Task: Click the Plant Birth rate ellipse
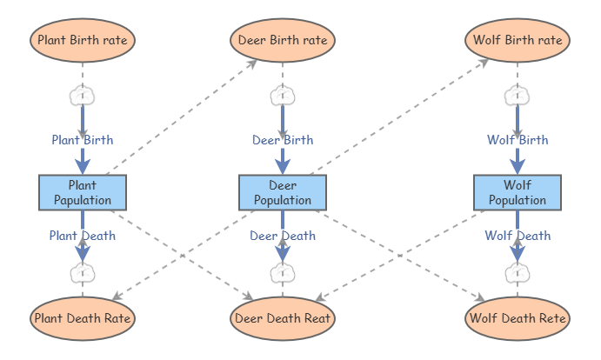[83, 40]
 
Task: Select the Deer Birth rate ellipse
[282, 40]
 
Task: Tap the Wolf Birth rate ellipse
[518, 40]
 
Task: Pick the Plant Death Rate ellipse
[83, 318]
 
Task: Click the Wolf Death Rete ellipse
[518, 318]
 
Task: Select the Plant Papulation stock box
[83, 192]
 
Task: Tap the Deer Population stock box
[283, 192]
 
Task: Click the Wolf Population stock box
[518, 192]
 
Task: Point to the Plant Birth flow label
[83, 139]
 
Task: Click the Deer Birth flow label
[283, 139]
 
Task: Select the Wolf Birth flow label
[518, 139]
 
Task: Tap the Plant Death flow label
[83, 235]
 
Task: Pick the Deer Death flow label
[283, 235]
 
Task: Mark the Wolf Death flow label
[518, 235]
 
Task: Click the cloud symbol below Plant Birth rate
[83, 95]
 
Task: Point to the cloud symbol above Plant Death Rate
[83, 273]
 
